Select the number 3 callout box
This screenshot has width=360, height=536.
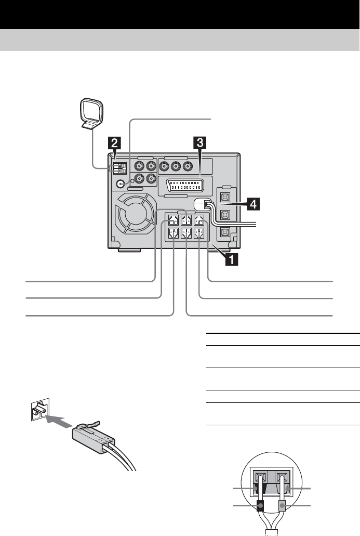[198, 142]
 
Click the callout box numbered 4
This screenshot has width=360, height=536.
[252, 205]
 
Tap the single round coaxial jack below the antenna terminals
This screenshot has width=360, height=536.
[121, 184]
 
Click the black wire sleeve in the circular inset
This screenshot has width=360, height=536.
[260, 505]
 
